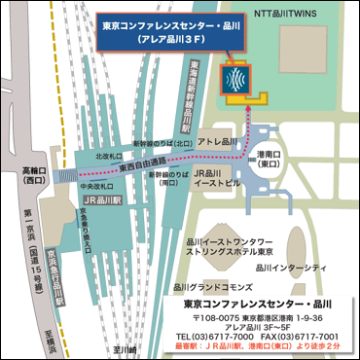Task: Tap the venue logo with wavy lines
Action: coord(234,77)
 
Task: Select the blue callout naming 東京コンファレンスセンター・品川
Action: coord(160,30)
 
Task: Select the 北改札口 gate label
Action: coord(110,154)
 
